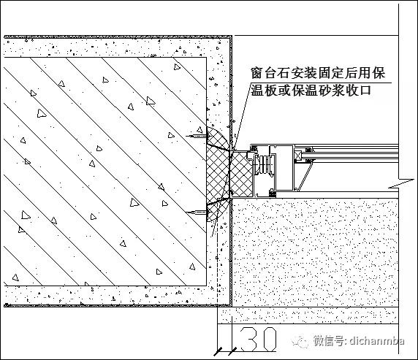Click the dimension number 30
[x=257, y=339]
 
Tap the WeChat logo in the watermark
[x=300, y=341]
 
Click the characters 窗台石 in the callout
[x=270, y=73]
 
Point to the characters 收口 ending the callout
[x=358, y=91]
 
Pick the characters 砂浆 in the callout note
[x=332, y=91]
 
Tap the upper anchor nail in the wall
[x=197, y=137]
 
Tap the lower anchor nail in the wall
[x=197, y=212]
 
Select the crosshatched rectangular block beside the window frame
[x=241, y=175]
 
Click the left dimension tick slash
[x=218, y=351]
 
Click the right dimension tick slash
[x=232, y=351]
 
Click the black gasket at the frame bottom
[x=272, y=194]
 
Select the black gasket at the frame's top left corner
[x=254, y=148]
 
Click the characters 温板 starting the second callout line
[x=264, y=91]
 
